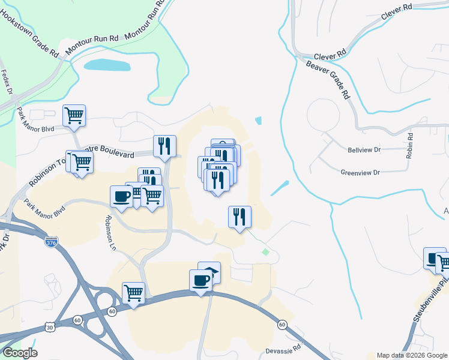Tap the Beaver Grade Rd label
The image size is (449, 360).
click(328, 79)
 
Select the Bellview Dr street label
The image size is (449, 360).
click(364, 150)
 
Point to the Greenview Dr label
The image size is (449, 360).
click(360, 172)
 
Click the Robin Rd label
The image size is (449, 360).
click(411, 146)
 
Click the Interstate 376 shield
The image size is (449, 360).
click(52, 242)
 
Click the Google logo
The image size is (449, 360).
click(19, 353)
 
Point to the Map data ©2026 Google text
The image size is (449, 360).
click(412, 355)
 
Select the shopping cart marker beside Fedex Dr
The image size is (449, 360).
click(74, 114)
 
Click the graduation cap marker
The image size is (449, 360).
click(209, 271)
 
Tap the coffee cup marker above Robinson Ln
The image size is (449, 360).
click(121, 196)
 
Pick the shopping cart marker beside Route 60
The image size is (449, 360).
click(133, 293)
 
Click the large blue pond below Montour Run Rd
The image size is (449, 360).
click(107, 65)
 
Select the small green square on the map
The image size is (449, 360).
click(265, 251)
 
